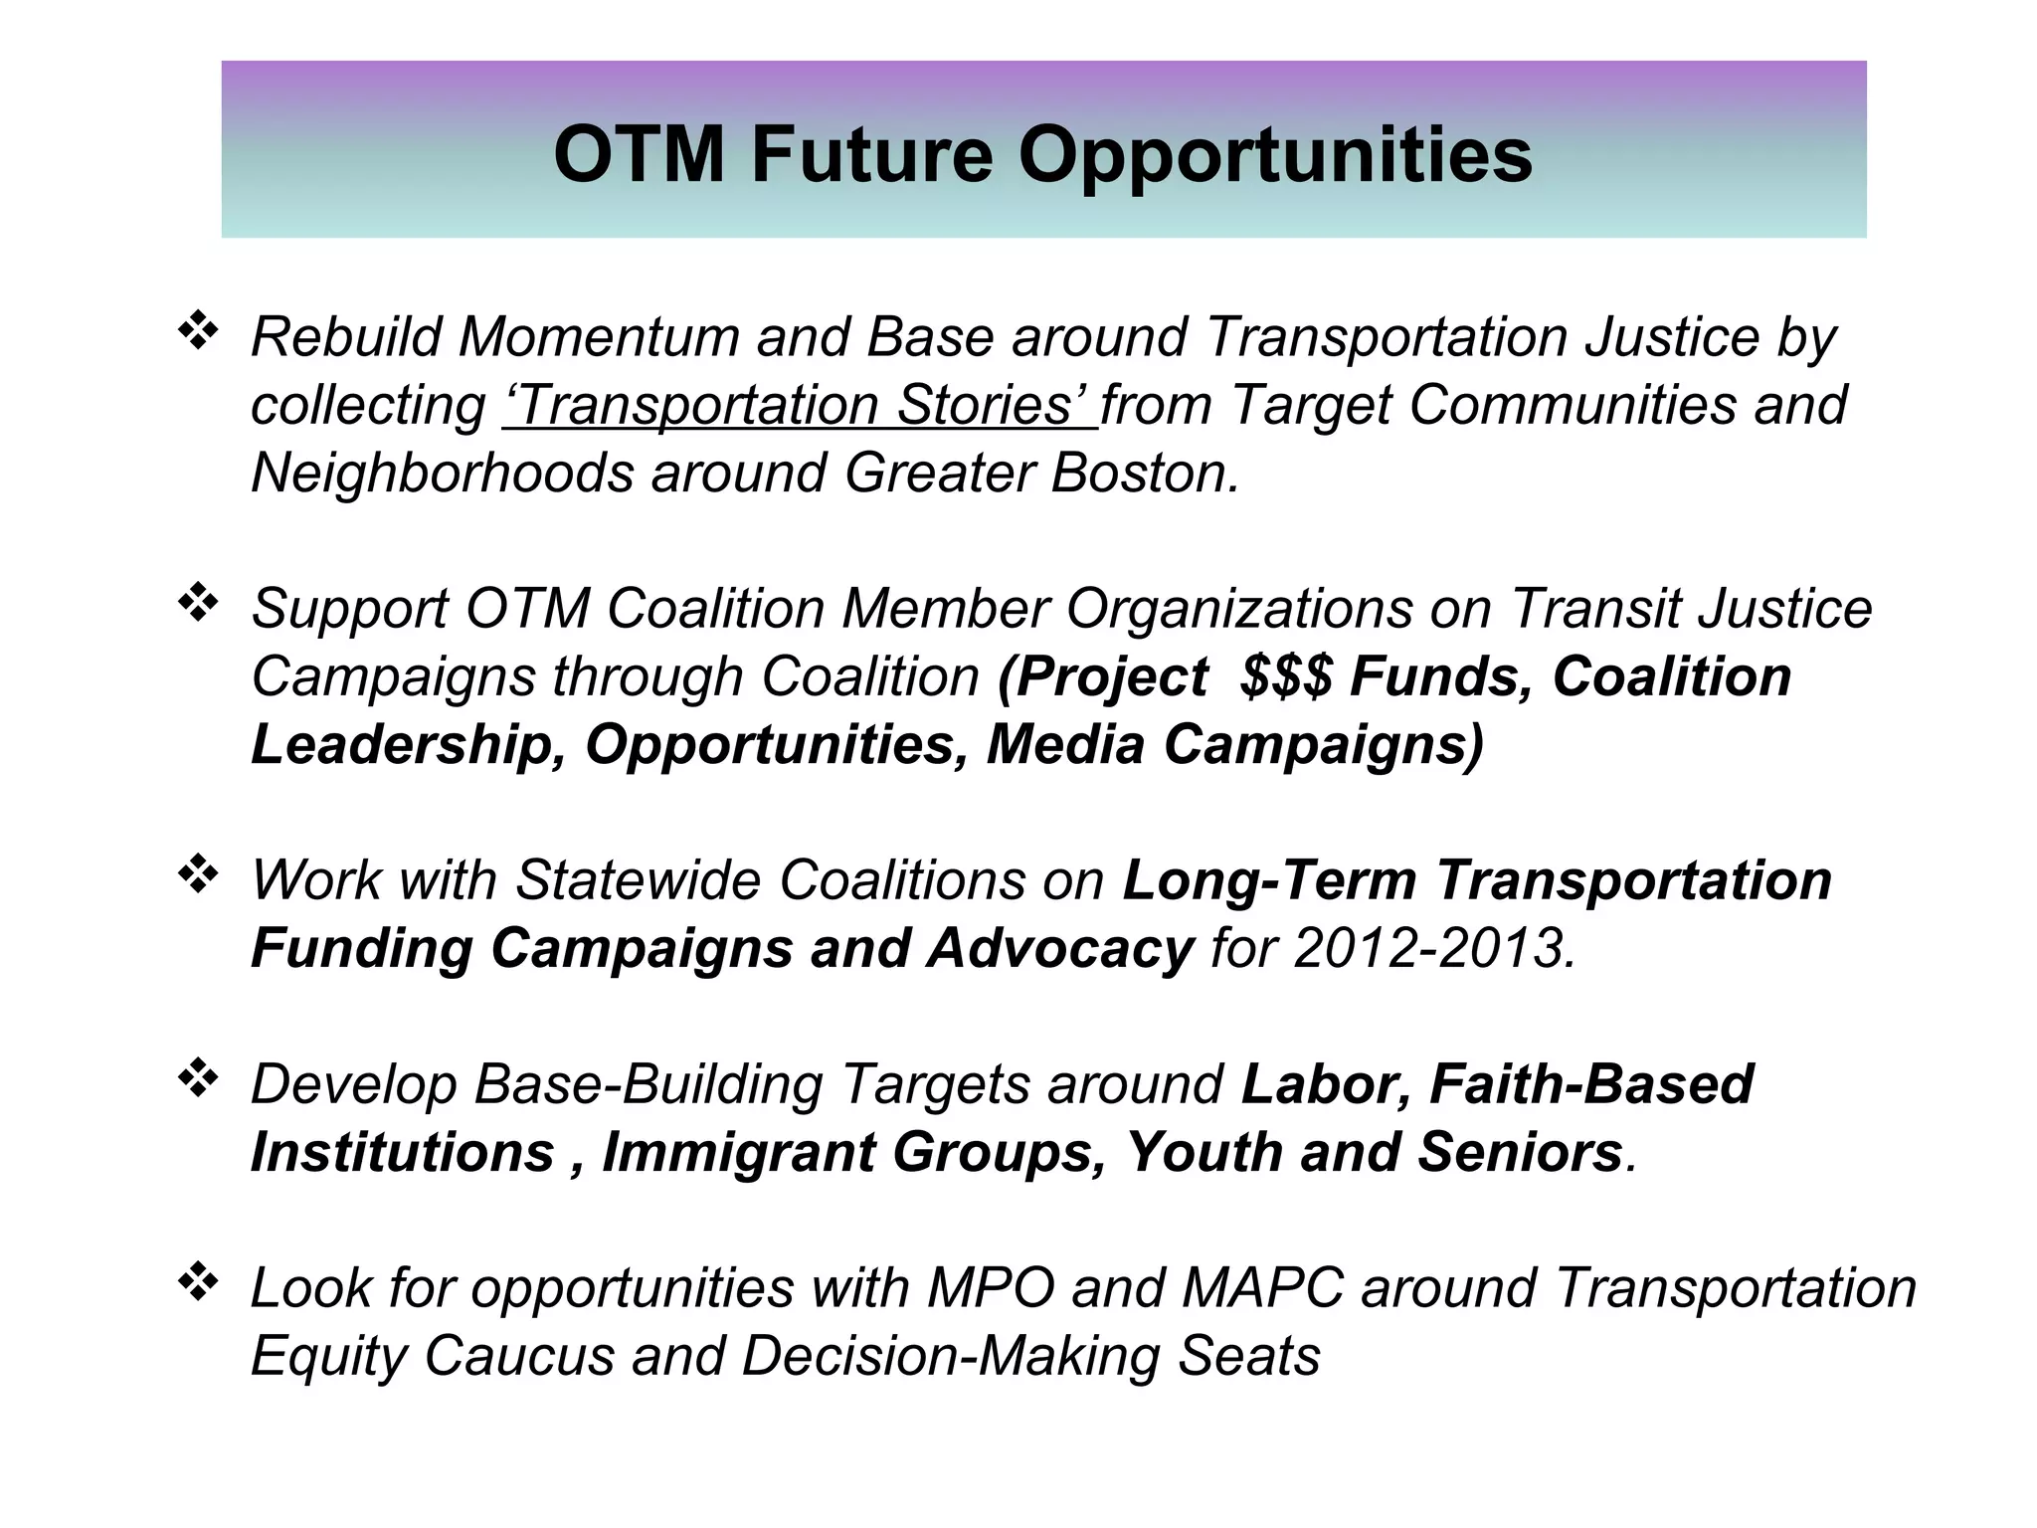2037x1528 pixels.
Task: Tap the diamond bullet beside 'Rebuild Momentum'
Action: pyautogui.click(x=198, y=331)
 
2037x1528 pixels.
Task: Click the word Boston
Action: pyautogui.click(x=1144, y=473)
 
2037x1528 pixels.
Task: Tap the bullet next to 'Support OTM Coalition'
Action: pyautogui.click(x=198, y=603)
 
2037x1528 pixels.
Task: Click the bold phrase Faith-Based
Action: pyautogui.click(x=1591, y=1084)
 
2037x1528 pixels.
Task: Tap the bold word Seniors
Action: pyautogui.click(x=1520, y=1153)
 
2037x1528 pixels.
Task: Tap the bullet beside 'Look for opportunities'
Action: pyautogui.click(x=198, y=1282)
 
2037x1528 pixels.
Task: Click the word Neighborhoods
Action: pyautogui.click(x=442, y=473)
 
